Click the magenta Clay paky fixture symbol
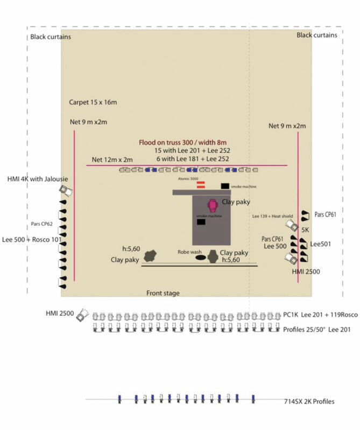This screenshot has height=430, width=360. (213, 205)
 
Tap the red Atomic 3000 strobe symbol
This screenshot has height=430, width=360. (200, 185)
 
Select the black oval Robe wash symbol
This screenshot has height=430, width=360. (200, 257)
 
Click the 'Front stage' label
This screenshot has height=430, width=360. (163, 293)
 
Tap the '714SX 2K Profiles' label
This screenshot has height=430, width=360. (309, 402)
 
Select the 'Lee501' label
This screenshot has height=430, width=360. (321, 243)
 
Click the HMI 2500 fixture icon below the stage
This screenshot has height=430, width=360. (82, 314)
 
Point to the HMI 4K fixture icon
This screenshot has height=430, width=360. (67, 191)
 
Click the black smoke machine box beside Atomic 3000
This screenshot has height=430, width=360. (224, 186)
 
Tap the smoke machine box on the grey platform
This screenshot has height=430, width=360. (201, 221)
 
